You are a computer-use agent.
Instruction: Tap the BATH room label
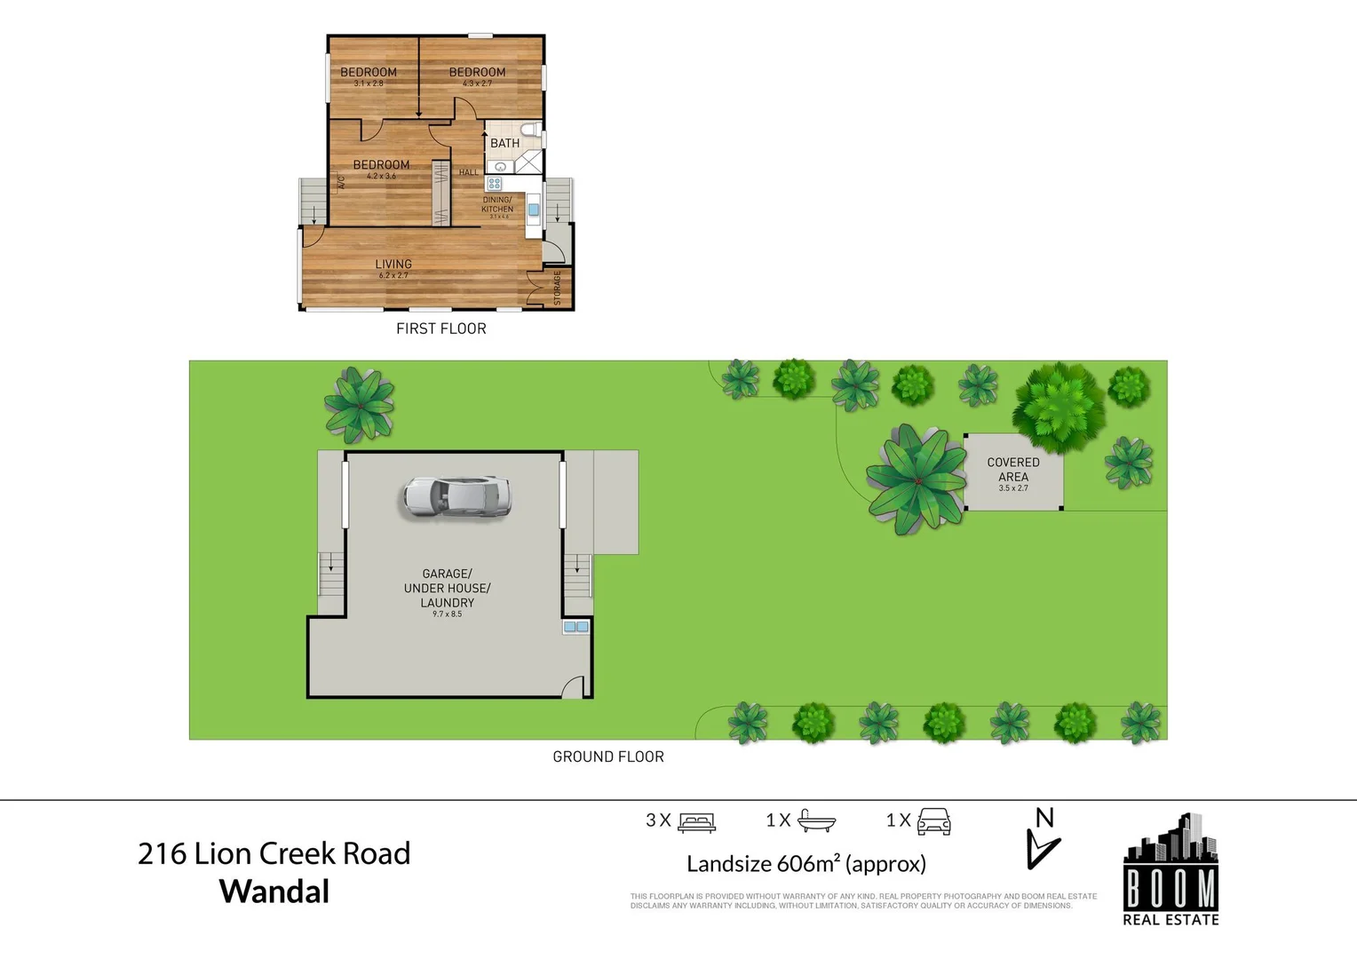tap(504, 143)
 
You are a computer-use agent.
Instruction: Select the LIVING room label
tap(393, 264)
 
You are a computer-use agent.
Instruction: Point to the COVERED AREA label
tap(1013, 469)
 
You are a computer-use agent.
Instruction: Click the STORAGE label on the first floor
tap(558, 289)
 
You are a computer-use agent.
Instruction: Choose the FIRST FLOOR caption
tap(441, 329)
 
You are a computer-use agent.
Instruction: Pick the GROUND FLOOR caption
tap(608, 757)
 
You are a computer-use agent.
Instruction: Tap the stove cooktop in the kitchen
tap(495, 184)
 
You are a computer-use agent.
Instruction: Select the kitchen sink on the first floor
tap(533, 210)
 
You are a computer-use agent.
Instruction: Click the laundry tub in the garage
tap(575, 627)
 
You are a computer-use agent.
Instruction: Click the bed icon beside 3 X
tap(696, 822)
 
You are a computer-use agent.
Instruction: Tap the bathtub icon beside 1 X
tap(816, 820)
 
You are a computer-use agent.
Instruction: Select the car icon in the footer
tap(933, 821)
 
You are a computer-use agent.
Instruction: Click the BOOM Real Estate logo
tap(1171, 870)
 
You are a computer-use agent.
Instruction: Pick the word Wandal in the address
tap(274, 892)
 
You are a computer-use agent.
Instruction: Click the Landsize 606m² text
tap(805, 863)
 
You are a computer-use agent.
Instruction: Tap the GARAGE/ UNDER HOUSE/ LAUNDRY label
tap(447, 588)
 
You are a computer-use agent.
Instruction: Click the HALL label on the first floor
tap(468, 172)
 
